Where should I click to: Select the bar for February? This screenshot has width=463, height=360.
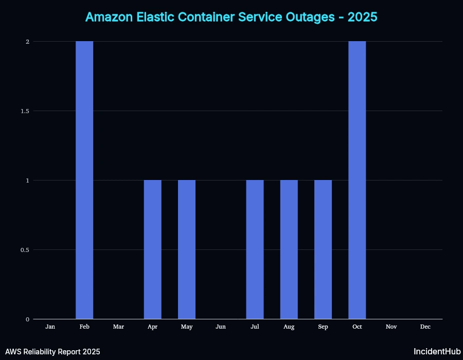point(84,180)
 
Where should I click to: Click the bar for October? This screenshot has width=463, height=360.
point(357,180)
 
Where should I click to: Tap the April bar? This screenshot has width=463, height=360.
point(152,249)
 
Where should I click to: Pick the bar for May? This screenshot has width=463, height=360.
point(187,249)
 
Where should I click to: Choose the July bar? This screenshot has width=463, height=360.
point(255,249)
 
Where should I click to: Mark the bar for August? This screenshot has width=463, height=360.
point(289,249)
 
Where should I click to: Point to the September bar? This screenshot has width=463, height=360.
point(323,249)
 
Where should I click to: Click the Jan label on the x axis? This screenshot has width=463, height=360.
point(50,327)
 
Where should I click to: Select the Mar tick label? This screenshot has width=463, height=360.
point(118,327)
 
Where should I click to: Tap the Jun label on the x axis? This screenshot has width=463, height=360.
point(221,327)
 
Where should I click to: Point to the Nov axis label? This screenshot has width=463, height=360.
point(391,327)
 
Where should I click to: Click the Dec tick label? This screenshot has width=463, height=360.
point(425,327)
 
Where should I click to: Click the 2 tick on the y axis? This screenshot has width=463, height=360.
point(27,42)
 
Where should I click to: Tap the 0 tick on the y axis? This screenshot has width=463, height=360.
point(27,319)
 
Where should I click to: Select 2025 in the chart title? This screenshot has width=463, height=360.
point(362,17)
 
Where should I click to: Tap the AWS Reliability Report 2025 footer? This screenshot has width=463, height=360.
point(52,352)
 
